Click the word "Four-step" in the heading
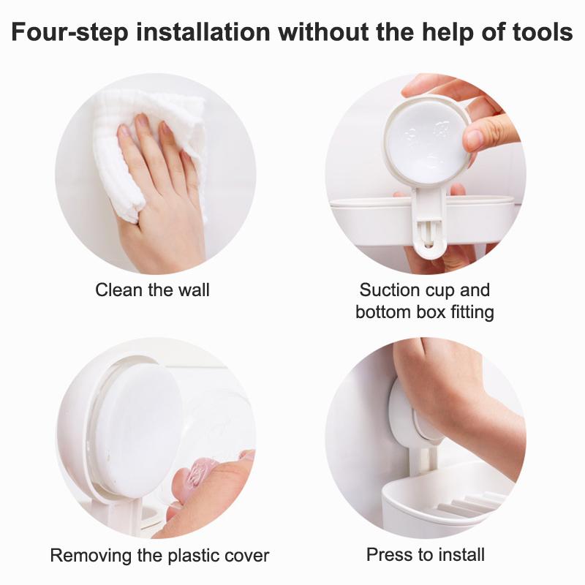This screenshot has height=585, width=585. pyautogui.click(x=69, y=32)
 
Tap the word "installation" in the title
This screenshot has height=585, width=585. pyautogui.click(x=203, y=31)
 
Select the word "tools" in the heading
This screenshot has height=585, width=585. pyautogui.click(x=543, y=31)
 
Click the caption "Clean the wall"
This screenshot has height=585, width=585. pyautogui.click(x=152, y=290)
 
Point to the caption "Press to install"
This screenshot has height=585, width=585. pyautogui.click(x=426, y=554)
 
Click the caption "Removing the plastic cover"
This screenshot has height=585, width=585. pyautogui.click(x=159, y=555)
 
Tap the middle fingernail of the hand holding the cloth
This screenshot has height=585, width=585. pyautogui.click(x=142, y=122)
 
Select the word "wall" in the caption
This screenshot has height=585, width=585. pyautogui.click(x=194, y=290)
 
